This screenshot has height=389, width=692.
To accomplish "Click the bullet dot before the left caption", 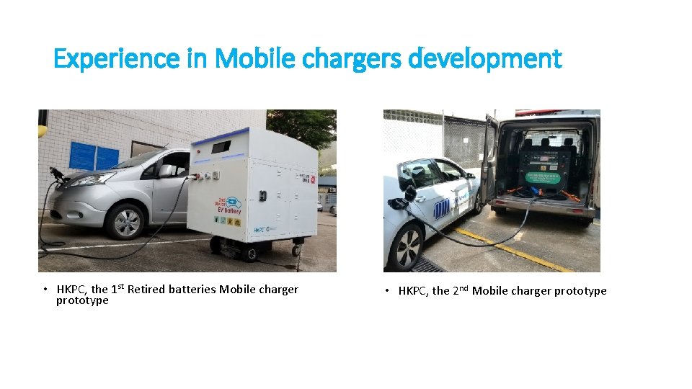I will click(x=44, y=290).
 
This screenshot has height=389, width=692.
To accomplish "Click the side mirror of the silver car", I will click(x=165, y=171).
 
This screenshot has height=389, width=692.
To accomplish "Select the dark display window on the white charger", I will click(x=221, y=147).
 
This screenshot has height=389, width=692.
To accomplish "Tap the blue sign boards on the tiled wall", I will click(x=94, y=156).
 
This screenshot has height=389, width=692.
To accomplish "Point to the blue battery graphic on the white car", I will click(x=441, y=208).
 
